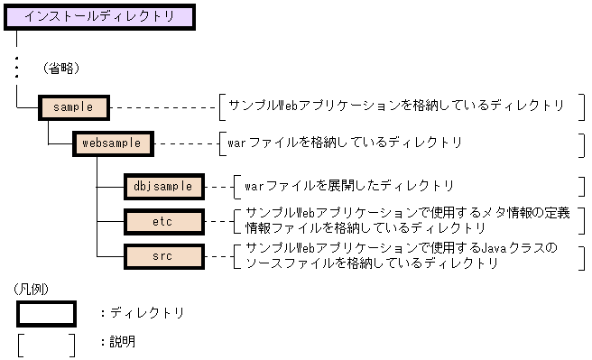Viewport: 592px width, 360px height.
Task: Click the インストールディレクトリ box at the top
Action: (x=98, y=16)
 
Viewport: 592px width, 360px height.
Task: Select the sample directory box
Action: (x=74, y=106)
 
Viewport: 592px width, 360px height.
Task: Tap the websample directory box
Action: (x=112, y=143)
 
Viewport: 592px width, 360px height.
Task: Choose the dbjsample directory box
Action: (x=162, y=187)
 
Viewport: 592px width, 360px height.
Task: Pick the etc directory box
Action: (x=162, y=220)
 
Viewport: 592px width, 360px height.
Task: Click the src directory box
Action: (x=162, y=256)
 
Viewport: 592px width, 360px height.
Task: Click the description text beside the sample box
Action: (x=396, y=106)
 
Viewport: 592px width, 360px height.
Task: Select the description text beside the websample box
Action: (x=346, y=143)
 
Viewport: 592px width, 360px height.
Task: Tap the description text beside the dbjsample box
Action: (x=349, y=187)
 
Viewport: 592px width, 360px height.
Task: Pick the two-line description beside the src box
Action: (x=401, y=255)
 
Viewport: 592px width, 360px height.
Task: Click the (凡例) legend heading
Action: (x=32, y=290)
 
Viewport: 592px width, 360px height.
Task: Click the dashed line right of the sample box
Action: (x=162, y=106)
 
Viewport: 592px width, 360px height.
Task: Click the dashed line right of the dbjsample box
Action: (x=218, y=187)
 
